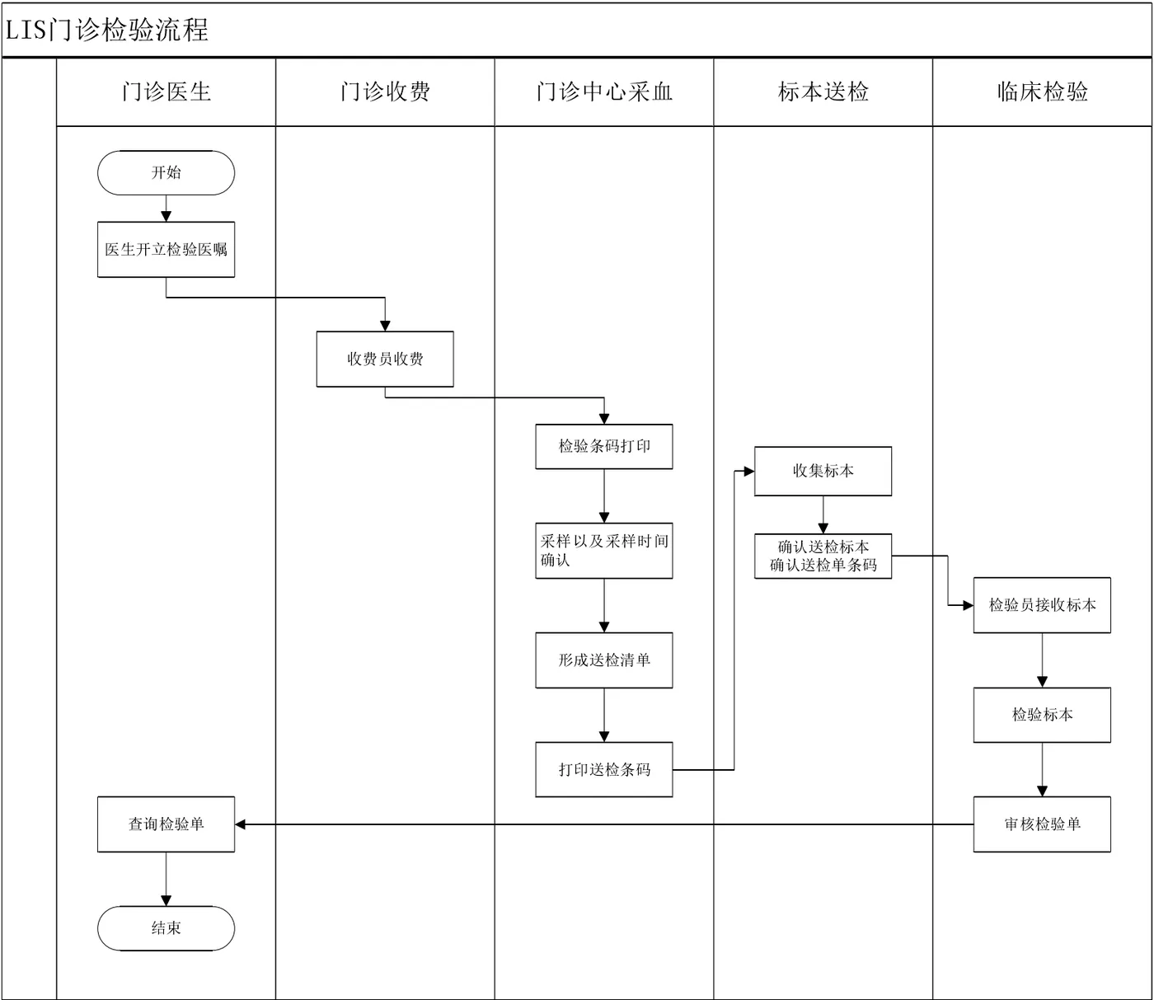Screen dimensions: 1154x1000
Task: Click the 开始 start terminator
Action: coord(166,172)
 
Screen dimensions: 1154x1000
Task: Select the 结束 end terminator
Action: coord(166,927)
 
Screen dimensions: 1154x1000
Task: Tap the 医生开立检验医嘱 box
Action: coord(166,249)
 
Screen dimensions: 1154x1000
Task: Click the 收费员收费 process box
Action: coord(385,359)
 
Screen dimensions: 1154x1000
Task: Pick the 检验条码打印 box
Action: coord(603,446)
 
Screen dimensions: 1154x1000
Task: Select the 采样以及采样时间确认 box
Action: coord(603,551)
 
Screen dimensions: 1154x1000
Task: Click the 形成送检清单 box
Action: coord(603,660)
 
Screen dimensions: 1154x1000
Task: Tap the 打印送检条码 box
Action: coord(603,769)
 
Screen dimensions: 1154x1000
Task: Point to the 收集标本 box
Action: coord(823,471)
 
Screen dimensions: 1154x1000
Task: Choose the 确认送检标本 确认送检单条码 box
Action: coord(823,556)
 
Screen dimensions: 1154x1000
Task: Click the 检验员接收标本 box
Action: coord(1042,604)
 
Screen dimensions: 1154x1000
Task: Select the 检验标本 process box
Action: coord(1042,715)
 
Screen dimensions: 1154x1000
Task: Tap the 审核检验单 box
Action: coord(1042,824)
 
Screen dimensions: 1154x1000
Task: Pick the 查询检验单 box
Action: coord(166,824)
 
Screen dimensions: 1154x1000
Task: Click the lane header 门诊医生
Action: coord(166,92)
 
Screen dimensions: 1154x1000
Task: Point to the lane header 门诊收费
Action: coord(385,92)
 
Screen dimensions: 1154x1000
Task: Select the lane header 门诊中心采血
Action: coord(603,92)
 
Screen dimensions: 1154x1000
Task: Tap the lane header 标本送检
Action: coord(823,92)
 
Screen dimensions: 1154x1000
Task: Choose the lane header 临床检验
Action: coord(1042,92)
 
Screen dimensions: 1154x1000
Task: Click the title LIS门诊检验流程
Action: coord(106,31)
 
